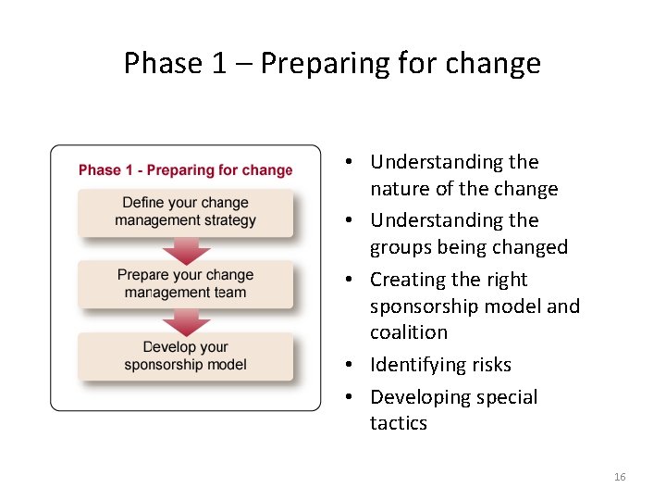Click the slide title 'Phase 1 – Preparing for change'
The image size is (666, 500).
coord(332,63)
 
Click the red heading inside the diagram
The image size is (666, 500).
coord(185,170)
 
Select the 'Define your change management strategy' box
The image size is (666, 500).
coord(185,212)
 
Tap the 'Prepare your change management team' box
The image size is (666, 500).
coord(185,284)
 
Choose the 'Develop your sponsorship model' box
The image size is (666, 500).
coord(185,356)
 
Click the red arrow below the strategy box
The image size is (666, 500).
coord(186,250)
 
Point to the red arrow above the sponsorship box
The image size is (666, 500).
coord(186,321)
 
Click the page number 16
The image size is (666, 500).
coord(619,477)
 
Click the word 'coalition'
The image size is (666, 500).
coord(408,332)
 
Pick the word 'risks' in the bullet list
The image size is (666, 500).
coord(490,365)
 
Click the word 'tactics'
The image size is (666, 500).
coord(399,423)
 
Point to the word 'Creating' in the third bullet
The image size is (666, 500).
coord(408,280)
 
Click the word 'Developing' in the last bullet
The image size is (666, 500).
coord(417,397)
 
